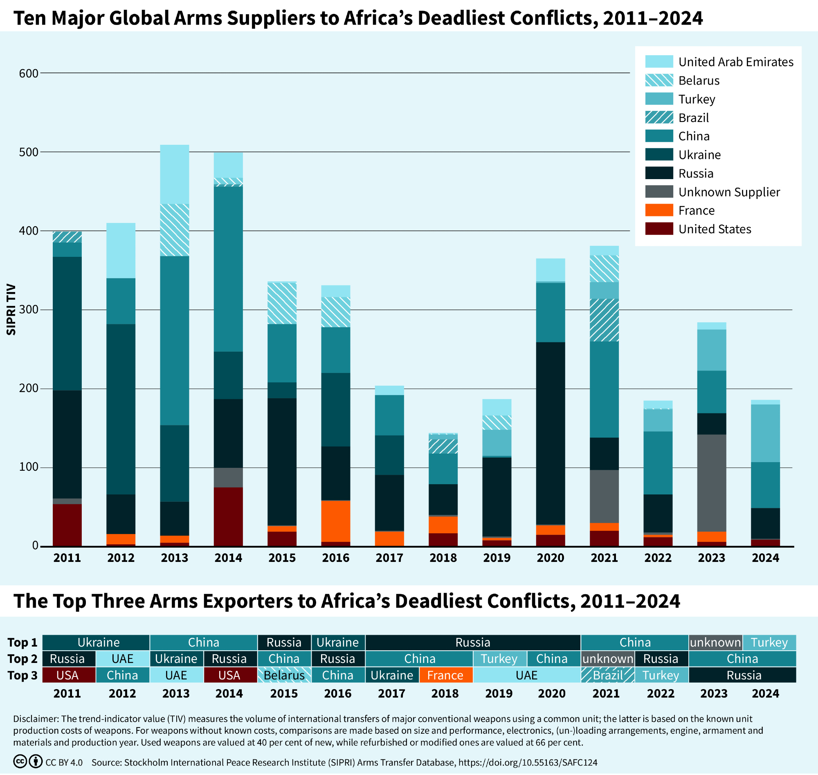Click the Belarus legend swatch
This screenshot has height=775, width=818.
click(x=659, y=80)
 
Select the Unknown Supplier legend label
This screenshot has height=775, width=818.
click(x=729, y=192)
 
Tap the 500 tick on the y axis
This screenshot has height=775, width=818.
click(x=29, y=152)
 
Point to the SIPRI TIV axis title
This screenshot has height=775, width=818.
click(x=11, y=310)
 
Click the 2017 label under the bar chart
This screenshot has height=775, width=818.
click(x=389, y=558)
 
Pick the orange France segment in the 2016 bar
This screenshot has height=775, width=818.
click(x=336, y=521)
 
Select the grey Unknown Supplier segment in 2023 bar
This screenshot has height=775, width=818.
click(x=711, y=483)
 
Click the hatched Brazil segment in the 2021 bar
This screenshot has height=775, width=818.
click(x=604, y=320)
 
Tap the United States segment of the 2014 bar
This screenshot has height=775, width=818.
click(x=228, y=517)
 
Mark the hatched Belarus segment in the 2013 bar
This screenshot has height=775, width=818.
click(x=174, y=230)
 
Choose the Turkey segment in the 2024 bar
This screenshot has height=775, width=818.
click(x=765, y=434)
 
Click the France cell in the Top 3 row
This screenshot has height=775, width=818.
click(x=445, y=676)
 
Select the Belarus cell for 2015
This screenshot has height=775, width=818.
click(x=284, y=676)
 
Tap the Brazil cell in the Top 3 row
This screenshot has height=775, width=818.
click(x=608, y=676)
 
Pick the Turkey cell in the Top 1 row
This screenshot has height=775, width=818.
click(x=769, y=642)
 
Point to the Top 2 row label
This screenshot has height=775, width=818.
click(x=22, y=659)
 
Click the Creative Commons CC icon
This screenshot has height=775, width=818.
click(x=20, y=762)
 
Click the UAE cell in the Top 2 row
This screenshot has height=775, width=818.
click(x=123, y=659)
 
